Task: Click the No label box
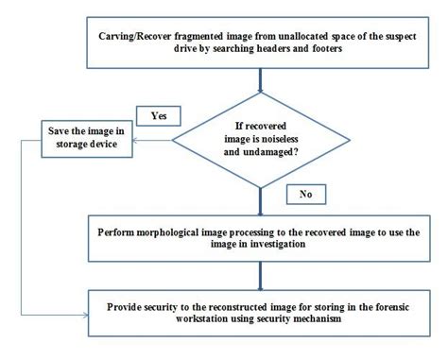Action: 305,194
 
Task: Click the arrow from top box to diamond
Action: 261,83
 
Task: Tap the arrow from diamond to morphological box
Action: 261,199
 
